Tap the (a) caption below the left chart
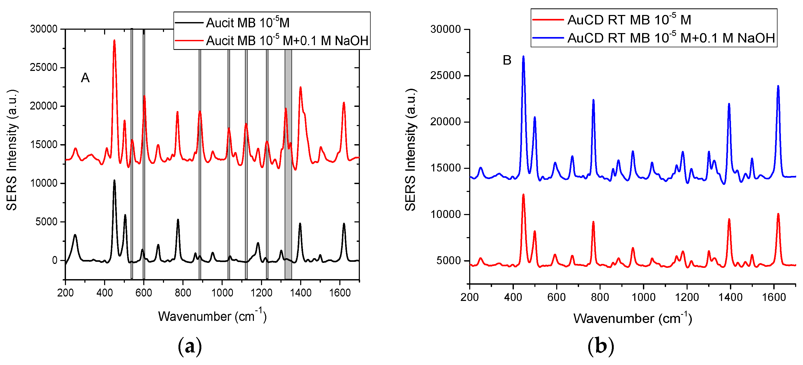coord(190,346)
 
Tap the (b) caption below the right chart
coord(600,346)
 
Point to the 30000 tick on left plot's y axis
coord(44,29)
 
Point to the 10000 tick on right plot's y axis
coord(445,214)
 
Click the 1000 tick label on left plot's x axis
coord(222,293)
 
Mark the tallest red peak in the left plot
coord(114,40)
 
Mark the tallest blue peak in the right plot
coord(523,57)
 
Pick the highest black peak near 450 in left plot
coord(114,181)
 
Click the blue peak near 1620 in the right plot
coord(778,86)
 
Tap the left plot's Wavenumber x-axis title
coord(212,316)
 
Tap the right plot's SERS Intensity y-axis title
coord(411,149)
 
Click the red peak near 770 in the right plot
coord(593,222)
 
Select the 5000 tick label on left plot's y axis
coord(47,222)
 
